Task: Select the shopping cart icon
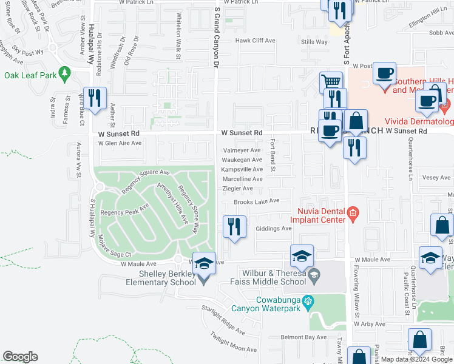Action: click(x=330, y=82)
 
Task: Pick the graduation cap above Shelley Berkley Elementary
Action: click(x=205, y=262)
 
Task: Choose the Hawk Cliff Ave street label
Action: click(x=256, y=41)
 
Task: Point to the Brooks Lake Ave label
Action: click(x=256, y=201)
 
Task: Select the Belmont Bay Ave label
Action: click(x=303, y=337)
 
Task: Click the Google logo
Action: click(x=20, y=357)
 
